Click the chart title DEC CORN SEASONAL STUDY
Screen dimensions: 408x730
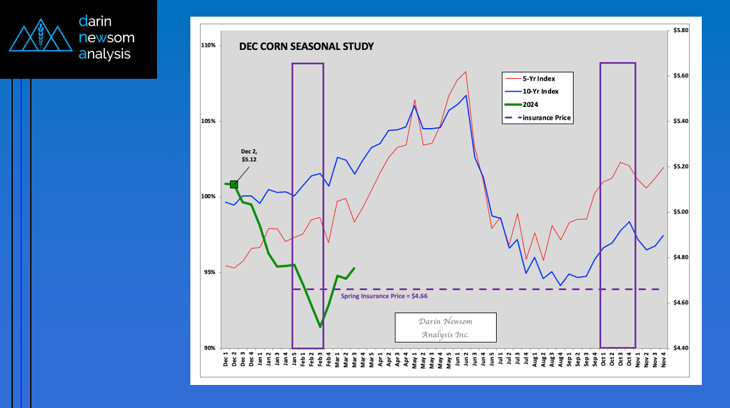click(306, 47)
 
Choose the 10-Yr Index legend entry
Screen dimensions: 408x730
click(540, 92)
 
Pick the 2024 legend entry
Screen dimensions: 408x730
click(531, 104)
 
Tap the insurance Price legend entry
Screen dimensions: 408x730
click(546, 118)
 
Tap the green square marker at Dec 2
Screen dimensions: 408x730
click(234, 184)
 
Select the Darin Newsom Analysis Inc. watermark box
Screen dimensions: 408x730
click(445, 328)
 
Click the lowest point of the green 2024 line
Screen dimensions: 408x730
click(320, 327)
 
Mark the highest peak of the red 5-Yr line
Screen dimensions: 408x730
click(465, 72)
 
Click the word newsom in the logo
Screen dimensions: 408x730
click(106, 38)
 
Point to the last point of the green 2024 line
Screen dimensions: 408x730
click(354, 268)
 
